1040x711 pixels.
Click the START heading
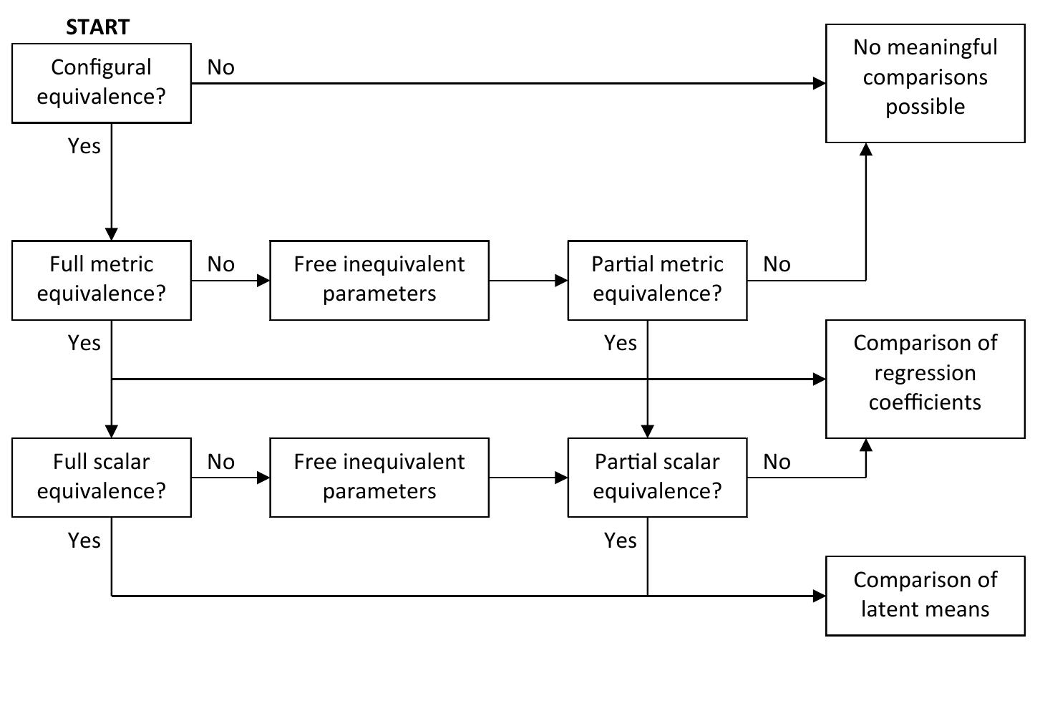tap(97, 27)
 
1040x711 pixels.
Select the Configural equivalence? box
tap(101, 82)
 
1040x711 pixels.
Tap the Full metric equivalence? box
tap(101, 280)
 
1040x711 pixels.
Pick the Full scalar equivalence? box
tap(101, 477)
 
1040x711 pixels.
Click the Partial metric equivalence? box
tap(657, 280)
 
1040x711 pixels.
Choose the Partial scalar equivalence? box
tap(657, 477)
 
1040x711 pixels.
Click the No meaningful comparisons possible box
tap(925, 83)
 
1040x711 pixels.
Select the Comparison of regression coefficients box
tap(925, 379)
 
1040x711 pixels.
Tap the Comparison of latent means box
tap(925, 595)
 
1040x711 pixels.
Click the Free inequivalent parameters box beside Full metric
tap(379, 280)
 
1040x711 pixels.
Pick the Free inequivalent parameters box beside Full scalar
tap(379, 477)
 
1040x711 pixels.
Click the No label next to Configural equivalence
tap(220, 67)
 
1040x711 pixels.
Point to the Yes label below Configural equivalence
tap(84, 146)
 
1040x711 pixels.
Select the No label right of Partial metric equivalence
tap(777, 265)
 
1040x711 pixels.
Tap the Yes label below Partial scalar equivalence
tap(620, 541)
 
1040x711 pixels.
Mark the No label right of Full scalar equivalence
tap(220, 463)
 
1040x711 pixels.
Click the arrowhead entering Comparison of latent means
tap(820, 596)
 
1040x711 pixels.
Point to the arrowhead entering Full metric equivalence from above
tap(112, 234)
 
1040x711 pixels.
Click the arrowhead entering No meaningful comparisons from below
tap(866, 149)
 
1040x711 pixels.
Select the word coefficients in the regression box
tap(925, 402)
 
